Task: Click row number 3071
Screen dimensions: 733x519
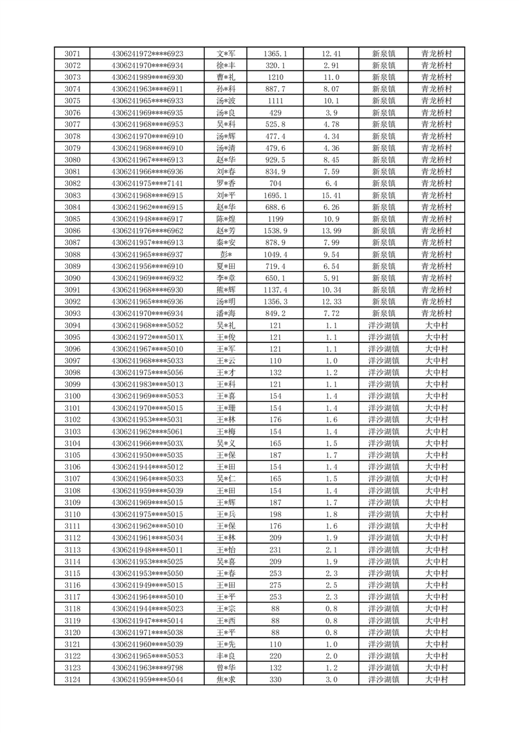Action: point(73,54)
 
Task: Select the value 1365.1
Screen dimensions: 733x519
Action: point(275,54)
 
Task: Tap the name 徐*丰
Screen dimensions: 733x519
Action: point(226,65)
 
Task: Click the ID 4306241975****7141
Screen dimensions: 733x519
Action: point(148,184)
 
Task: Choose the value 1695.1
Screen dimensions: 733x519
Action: point(275,195)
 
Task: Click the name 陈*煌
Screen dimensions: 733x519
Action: point(226,219)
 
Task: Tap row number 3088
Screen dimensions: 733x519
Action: point(73,254)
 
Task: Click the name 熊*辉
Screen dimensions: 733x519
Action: point(226,289)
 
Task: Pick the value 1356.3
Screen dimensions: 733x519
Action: point(275,301)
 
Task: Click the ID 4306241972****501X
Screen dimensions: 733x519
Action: point(148,337)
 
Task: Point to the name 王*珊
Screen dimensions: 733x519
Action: point(226,408)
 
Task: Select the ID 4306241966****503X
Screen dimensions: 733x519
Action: point(148,443)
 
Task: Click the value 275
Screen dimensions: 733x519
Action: point(275,585)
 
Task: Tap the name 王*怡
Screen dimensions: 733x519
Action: point(226,549)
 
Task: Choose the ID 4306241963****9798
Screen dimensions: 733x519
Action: point(148,668)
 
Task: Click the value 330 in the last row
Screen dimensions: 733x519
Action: point(275,679)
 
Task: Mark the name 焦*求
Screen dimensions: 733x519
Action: point(226,679)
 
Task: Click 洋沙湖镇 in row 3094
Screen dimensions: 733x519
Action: point(384,325)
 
